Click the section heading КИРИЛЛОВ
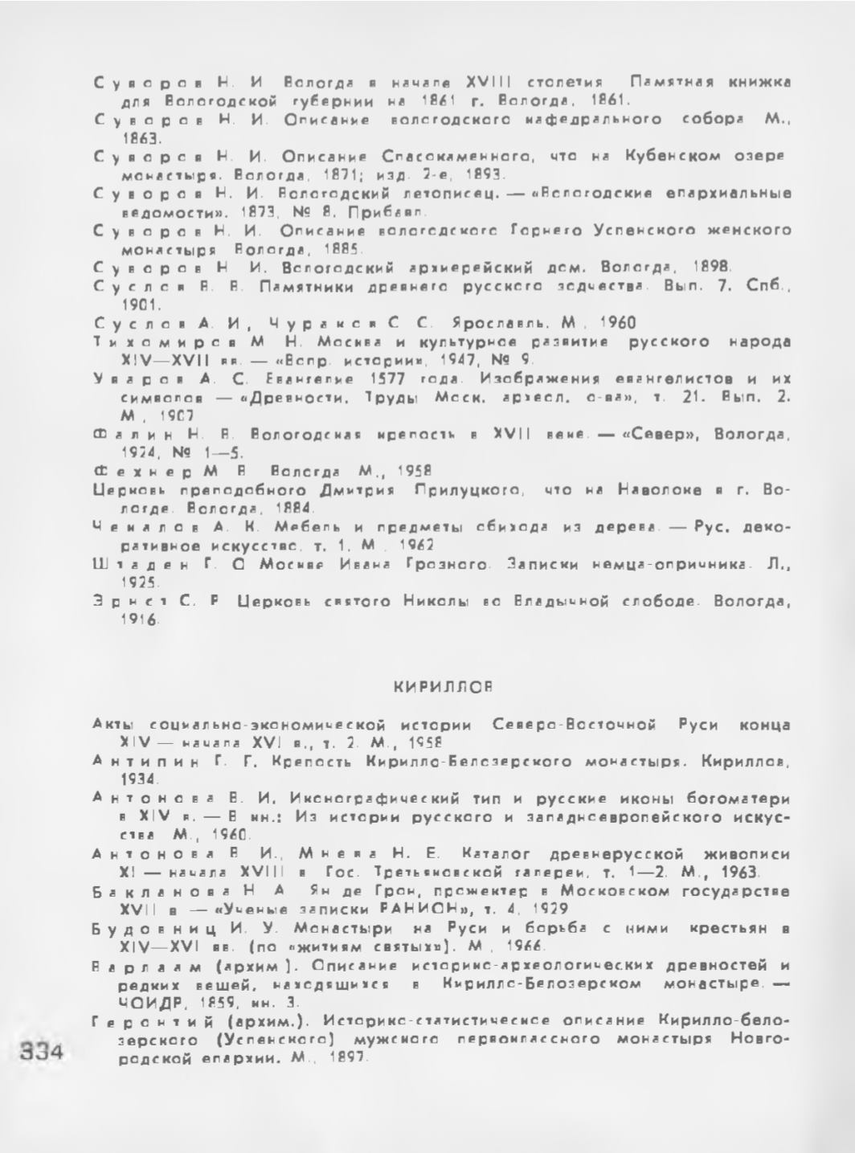click(442, 688)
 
